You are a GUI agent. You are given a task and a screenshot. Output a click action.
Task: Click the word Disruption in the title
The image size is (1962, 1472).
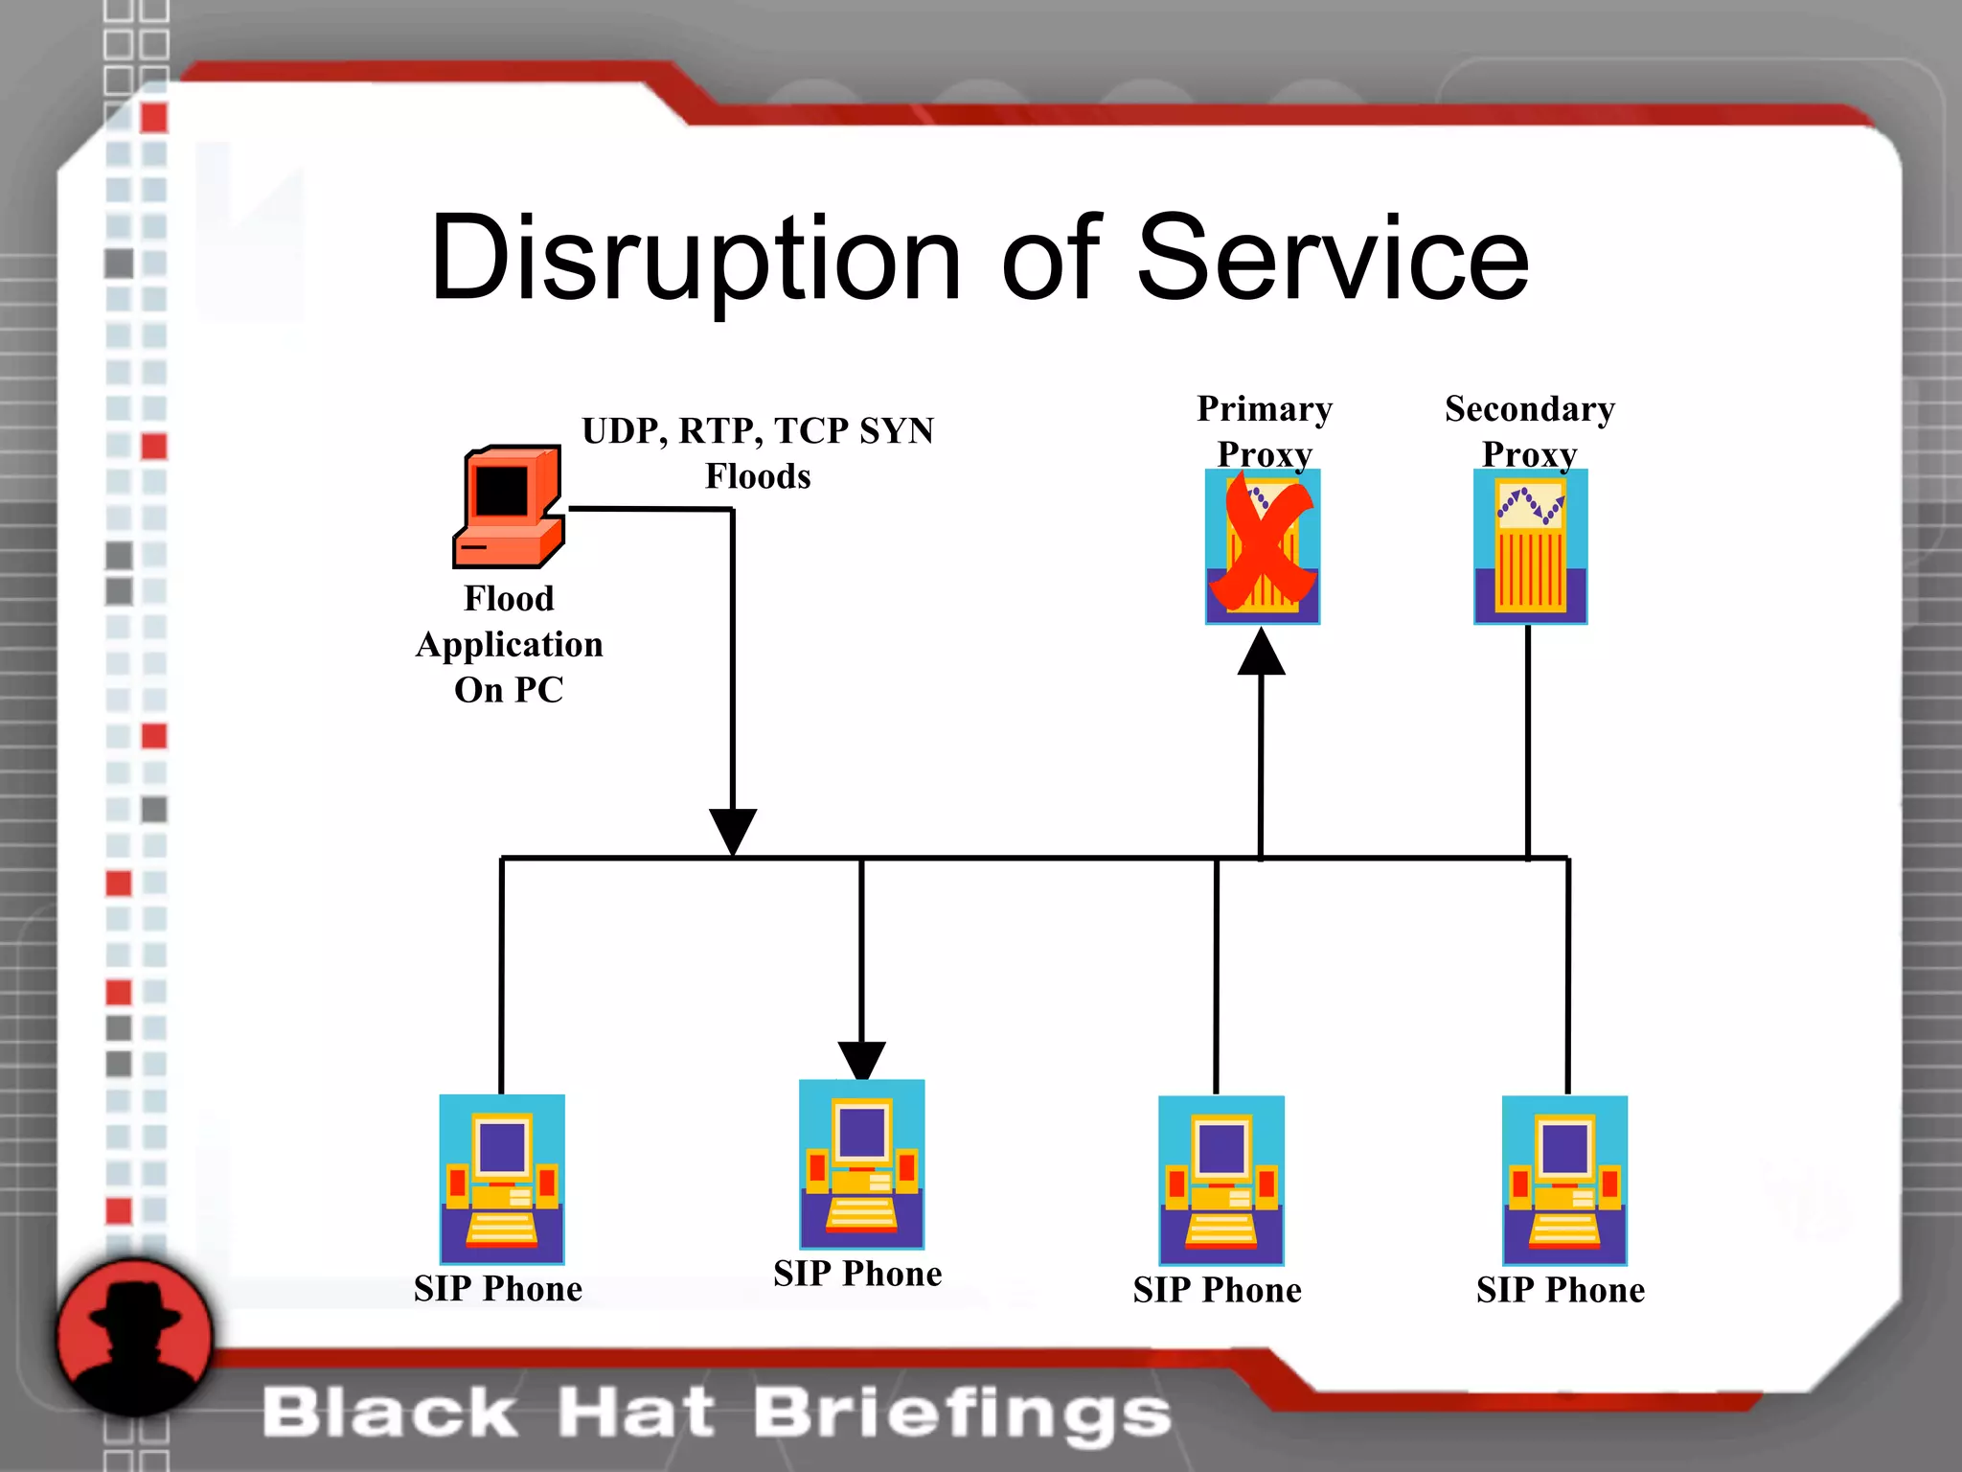pos(695,259)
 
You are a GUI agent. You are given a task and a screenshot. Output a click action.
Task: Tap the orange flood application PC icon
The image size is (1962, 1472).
pos(509,507)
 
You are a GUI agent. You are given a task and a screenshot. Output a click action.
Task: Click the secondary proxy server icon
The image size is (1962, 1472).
pos(1530,546)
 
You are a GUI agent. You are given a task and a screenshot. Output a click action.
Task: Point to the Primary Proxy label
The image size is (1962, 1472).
pos(1265,431)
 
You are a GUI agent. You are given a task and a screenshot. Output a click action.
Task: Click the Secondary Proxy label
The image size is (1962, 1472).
pos(1530,431)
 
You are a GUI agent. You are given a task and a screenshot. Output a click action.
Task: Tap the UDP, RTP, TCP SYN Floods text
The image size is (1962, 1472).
pos(758,453)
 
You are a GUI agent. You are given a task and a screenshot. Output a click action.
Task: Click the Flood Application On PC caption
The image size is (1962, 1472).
pos(509,644)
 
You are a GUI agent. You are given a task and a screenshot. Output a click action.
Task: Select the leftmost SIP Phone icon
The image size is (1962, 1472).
pos(502,1179)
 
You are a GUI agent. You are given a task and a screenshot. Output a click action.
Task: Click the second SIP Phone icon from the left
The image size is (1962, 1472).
pos(861,1163)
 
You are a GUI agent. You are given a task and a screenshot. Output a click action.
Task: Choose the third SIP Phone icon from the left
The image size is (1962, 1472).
pos(1221,1180)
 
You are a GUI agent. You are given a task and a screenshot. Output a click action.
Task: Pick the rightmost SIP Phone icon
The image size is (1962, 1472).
pos(1564,1180)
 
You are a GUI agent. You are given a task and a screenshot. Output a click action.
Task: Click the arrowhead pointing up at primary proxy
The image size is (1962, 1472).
pos(1262,653)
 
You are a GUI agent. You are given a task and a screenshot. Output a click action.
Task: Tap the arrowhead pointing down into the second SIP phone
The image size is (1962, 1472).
pos(861,1060)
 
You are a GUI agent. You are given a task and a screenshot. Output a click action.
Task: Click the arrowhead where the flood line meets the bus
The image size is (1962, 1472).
pos(733,830)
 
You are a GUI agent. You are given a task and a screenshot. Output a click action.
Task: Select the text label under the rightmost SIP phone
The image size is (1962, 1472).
pos(1561,1291)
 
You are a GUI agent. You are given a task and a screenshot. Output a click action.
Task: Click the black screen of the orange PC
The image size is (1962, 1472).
pos(502,492)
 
